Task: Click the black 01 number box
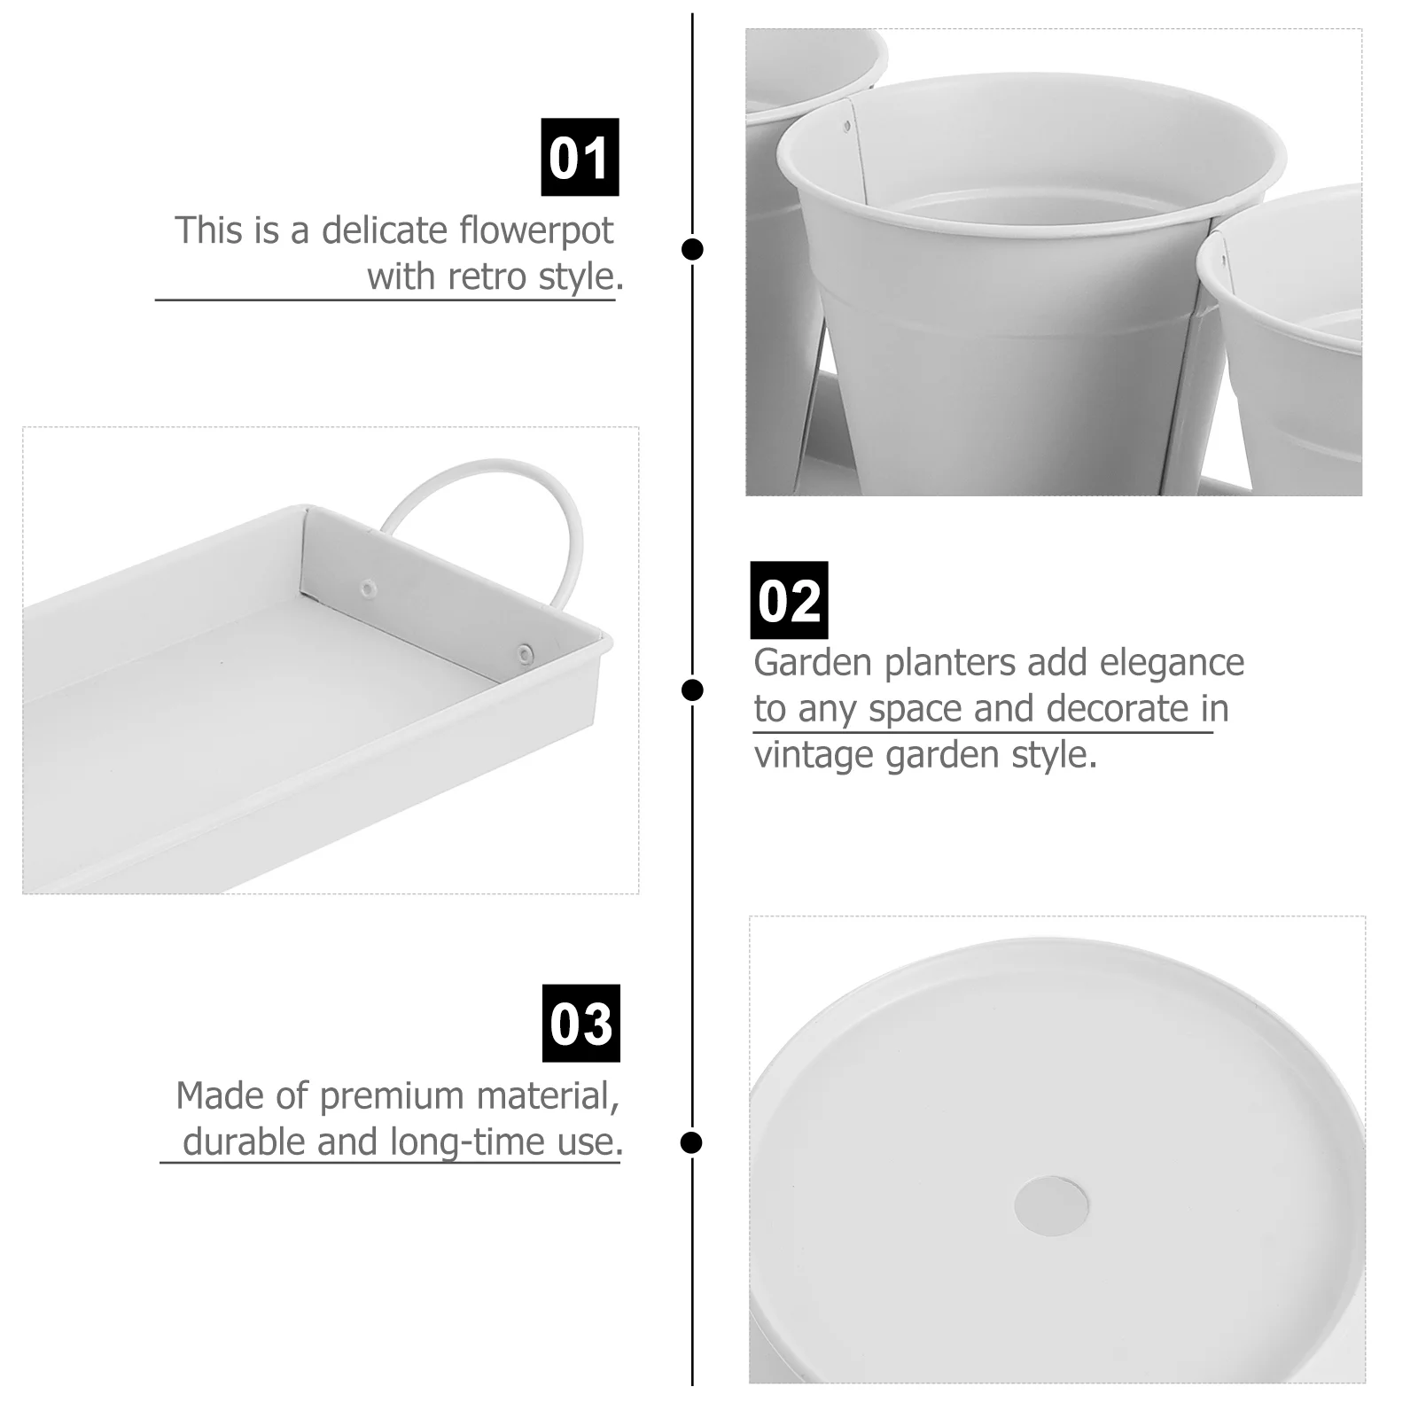[580, 157]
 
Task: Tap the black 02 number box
[789, 600]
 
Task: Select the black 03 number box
[580, 1023]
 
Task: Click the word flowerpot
[536, 230]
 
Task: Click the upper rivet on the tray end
[367, 587]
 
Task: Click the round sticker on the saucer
[1052, 1206]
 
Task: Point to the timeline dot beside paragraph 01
[692, 249]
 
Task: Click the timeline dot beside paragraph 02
[692, 690]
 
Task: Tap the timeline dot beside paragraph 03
[691, 1142]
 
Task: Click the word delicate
[385, 230]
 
